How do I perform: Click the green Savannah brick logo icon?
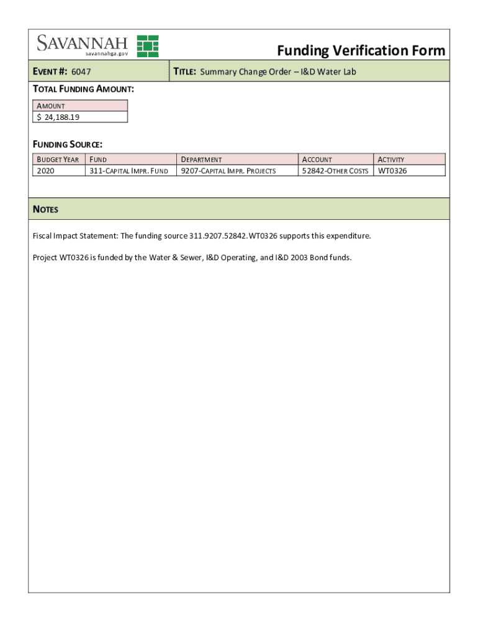click(x=148, y=46)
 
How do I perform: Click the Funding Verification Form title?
click(x=361, y=50)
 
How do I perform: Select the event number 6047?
click(x=81, y=72)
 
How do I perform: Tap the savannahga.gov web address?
click(x=102, y=54)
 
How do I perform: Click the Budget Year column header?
click(x=58, y=160)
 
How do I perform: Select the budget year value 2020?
click(x=45, y=171)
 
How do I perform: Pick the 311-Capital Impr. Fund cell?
click(x=129, y=171)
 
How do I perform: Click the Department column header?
click(x=201, y=160)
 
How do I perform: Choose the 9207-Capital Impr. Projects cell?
click(x=228, y=171)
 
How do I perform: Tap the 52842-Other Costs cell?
click(x=335, y=171)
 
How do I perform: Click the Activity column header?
click(x=391, y=160)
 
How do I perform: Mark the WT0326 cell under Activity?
click(x=392, y=171)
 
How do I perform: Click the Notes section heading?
click(x=45, y=209)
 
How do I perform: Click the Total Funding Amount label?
click(x=83, y=89)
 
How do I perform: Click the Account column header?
click(x=317, y=160)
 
